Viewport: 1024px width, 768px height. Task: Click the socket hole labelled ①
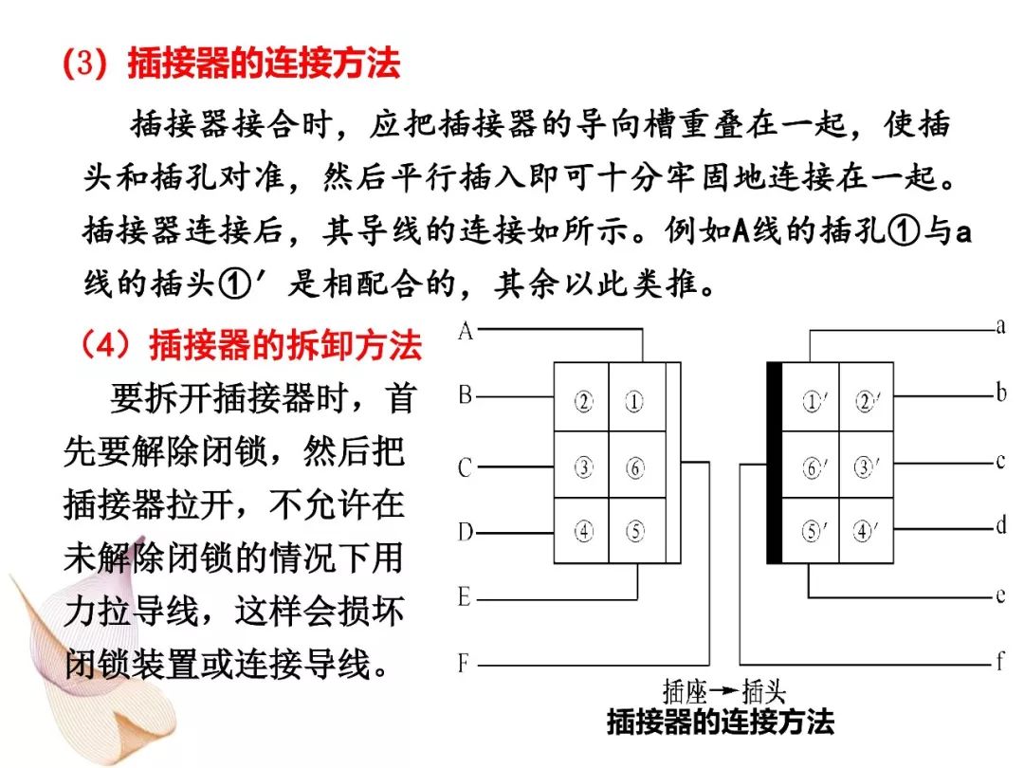pyautogui.click(x=634, y=401)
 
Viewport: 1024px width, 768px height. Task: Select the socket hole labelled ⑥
pyautogui.click(x=634, y=467)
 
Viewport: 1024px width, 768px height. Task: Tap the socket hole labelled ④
pyautogui.click(x=583, y=531)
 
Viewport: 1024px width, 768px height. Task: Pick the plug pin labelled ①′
pyautogui.click(x=814, y=400)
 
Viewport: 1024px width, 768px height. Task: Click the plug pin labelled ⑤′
pyautogui.click(x=814, y=531)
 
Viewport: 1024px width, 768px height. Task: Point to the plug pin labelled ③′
pyautogui.click(x=866, y=466)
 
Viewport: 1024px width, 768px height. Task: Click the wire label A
pyautogui.click(x=465, y=331)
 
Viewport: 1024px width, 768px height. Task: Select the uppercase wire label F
pyautogui.click(x=464, y=664)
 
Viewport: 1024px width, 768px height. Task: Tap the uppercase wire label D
pyautogui.click(x=465, y=532)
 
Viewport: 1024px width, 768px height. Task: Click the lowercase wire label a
pyautogui.click(x=1000, y=325)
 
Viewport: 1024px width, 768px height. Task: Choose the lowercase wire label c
pyautogui.click(x=1000, y=461)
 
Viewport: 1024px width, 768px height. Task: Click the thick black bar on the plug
pyautogui.click(x=774, y=463)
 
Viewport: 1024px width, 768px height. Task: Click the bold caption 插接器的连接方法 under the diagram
pyautogui.click(x=721, y=722)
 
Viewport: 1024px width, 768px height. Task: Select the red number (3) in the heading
pyautogui.click(x=85, y=64)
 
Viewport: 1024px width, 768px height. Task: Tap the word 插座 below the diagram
pyautogui.click(x=686, y=690)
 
